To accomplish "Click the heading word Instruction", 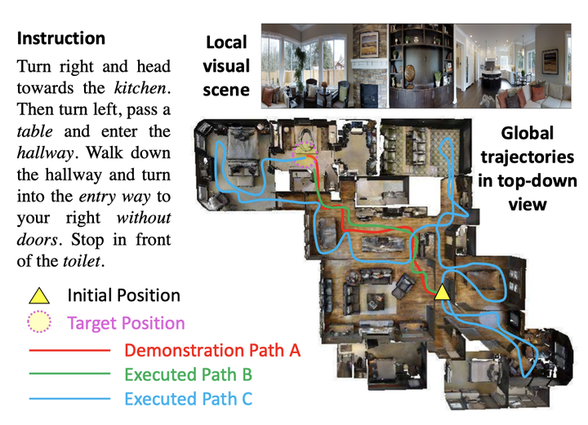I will tap(61, 38).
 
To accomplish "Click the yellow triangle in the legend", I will tap(40, 295).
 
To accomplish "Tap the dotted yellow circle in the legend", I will tap(40, 323).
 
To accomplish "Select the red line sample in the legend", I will tap(69, 350).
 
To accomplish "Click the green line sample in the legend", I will tap(69, 374).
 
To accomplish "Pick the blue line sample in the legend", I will tap(69, 399).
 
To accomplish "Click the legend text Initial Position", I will tap(124, 296).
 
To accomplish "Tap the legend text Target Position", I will tap(126, 323).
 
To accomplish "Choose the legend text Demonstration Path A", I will tap(213, 350).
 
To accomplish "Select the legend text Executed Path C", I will tap(189, 399).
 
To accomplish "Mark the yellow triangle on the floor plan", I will tap(442, 290).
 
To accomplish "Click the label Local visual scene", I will tap(226, 65).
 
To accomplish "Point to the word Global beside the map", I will tap(527, 133).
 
